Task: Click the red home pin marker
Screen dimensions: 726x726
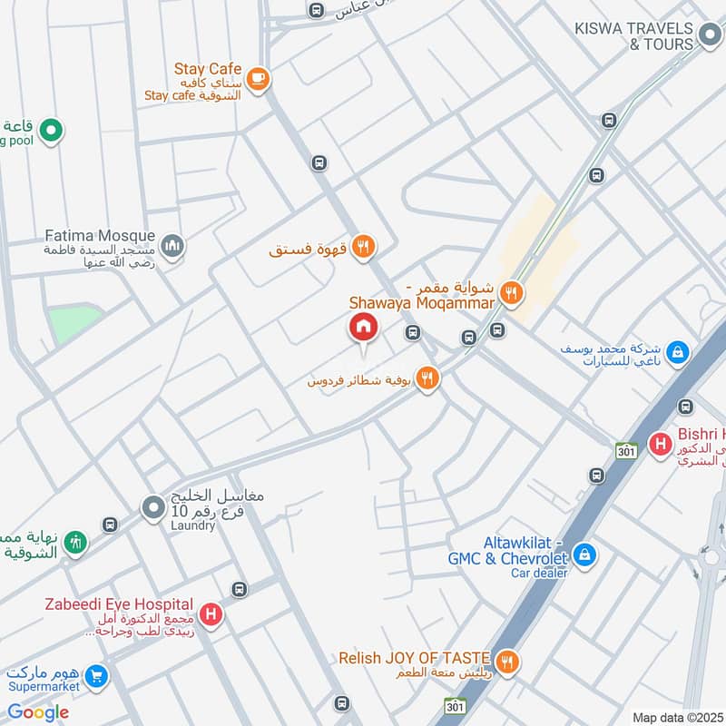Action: (363, 328)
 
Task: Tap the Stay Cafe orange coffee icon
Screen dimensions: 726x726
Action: (258, 79)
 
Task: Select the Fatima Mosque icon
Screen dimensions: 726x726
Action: (172, 245)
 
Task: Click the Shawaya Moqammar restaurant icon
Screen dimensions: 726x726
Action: (511, 293)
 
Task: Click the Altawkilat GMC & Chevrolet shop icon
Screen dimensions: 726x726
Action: (585, 553)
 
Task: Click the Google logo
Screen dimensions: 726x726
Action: (38, 712)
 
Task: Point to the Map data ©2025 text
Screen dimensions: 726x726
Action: (678, 718)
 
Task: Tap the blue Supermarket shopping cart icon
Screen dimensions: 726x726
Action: (96, 676)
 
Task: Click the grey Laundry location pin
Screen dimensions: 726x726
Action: (152, 509)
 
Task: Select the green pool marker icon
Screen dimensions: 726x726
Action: (51, 131)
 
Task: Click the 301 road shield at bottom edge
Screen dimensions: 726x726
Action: (456, 706)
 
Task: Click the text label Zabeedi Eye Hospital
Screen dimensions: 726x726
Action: (121, 604)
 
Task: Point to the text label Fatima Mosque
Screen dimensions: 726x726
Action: (100, 236)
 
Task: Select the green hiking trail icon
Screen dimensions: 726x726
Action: (77, 542)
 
